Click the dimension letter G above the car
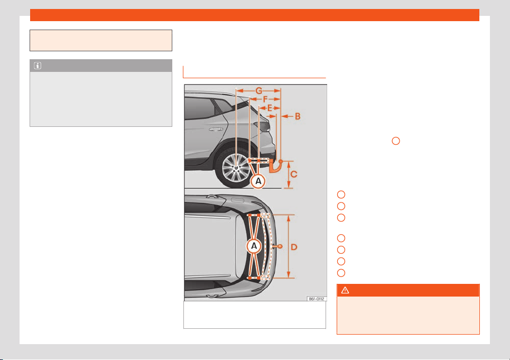click(x=259, y=91)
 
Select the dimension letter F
click(x=265, y=99)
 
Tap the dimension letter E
click(x=270, y=108)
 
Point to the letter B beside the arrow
click(x=298, y=116)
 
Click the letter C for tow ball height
click(x=294, y=174)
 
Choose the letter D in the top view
click(x=294, y=247)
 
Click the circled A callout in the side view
click(x=258, y=181)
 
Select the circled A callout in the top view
click(x=254, y=246)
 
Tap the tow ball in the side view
click(x=281, y=161)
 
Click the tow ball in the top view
click(x=280, y=246)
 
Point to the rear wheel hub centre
click(x=236, y=168)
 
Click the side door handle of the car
click(x=216, y=130)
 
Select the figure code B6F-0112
click(x=317, y=299)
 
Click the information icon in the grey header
click(x=38, y=66)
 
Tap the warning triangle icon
click(x=345, y=290)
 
